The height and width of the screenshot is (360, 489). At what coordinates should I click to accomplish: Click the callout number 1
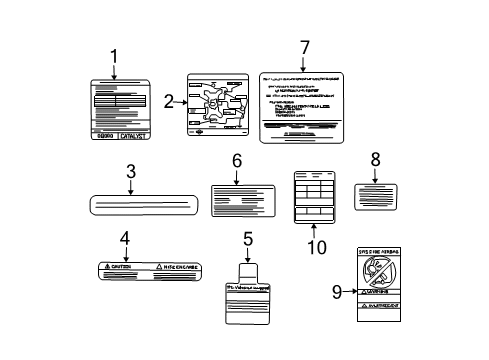(113, 57)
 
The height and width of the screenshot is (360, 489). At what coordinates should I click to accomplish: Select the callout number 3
(131, 173)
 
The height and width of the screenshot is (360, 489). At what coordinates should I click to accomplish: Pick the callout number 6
(237, 161)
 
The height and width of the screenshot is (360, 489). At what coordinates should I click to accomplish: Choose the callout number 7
(305, 47)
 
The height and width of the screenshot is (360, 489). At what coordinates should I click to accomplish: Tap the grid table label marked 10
(315, 199)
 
